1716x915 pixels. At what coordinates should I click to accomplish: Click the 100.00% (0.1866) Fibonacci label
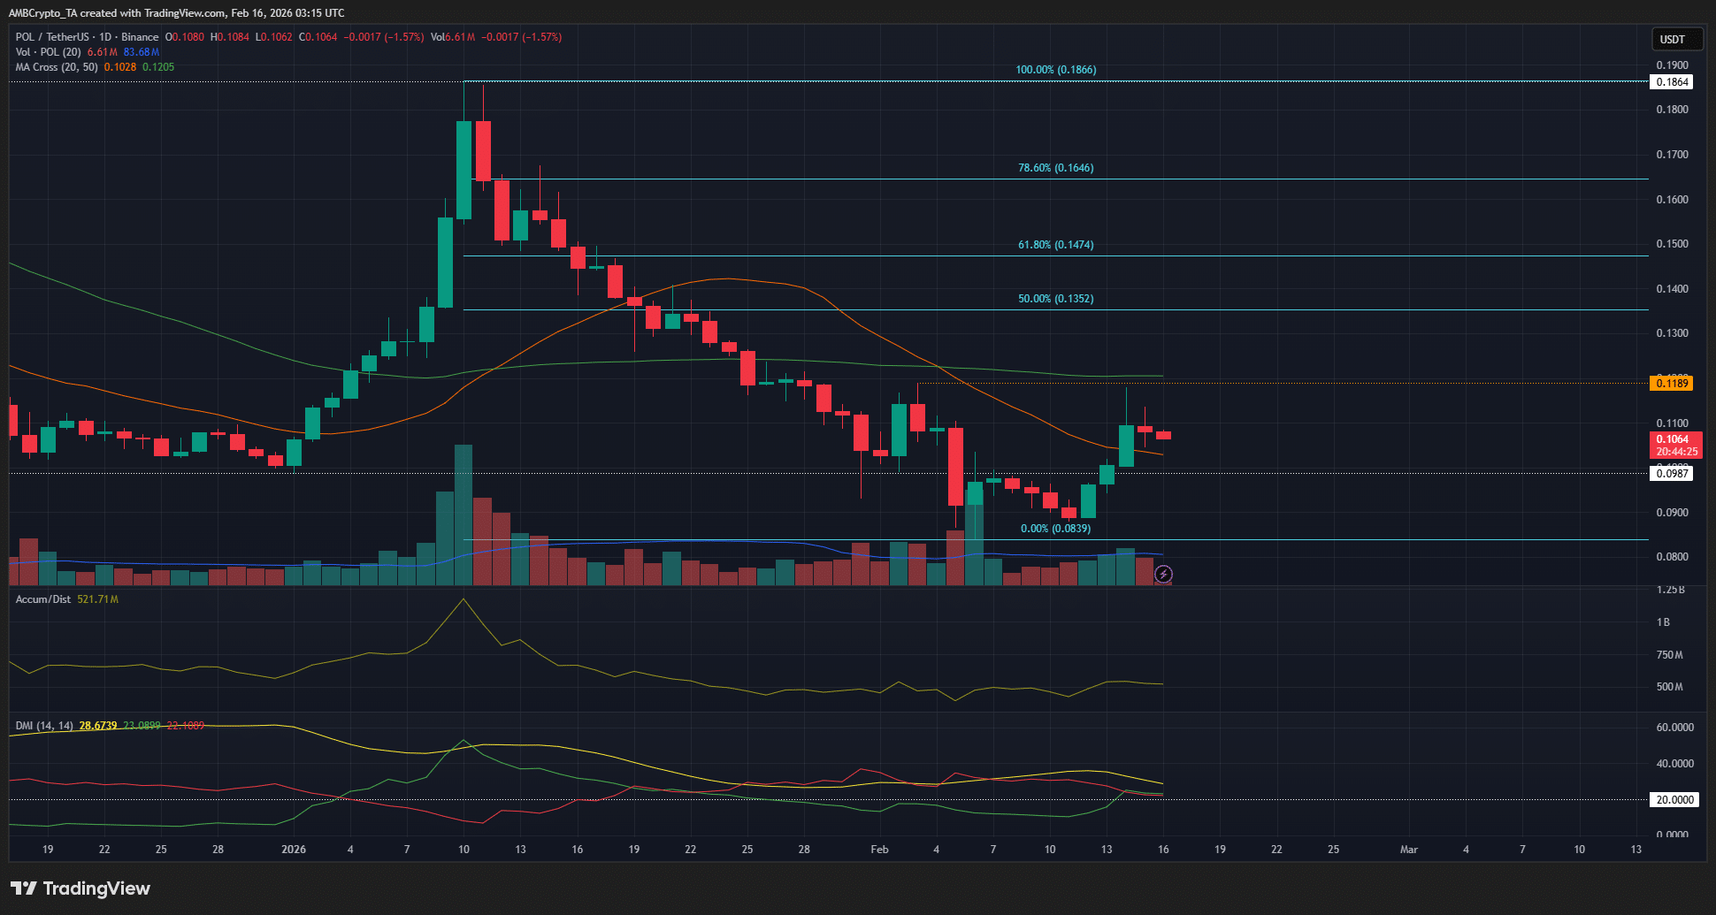click(x=1055, y=70)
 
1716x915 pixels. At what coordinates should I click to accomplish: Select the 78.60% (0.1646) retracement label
click(x=1055, y=168)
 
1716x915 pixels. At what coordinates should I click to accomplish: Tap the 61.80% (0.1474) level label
click(x=1055, y=245)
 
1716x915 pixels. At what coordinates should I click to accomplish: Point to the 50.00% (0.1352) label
click(x=1055, y=299)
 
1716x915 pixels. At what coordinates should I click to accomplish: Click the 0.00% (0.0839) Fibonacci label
click(x=1055, y=529)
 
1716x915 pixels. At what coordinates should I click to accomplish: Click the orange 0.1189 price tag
click(x=1671, y=383)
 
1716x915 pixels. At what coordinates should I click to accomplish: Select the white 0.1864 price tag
click(x=1671, y=82)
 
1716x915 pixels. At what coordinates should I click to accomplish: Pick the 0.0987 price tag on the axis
click(x=1671, y=474)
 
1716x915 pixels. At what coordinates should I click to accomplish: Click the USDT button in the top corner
click(x=1672, y=40)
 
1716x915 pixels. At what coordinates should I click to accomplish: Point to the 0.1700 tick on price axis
click(x=1672, y=155)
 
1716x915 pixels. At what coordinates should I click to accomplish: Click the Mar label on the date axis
click(x=1408, y=850)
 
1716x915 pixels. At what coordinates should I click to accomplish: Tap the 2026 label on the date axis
click(x=293, y=850)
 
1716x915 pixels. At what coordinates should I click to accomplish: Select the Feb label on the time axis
click(x=879, y=850)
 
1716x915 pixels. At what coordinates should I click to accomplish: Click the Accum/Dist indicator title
click(x=43, y=599)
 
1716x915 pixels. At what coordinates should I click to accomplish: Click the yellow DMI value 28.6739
click(x=98, y=726)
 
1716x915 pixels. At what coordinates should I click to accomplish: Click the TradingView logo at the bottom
click(x=80, y=888)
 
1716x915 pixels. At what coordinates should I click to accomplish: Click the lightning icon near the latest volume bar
click(x=1163, y=575)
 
